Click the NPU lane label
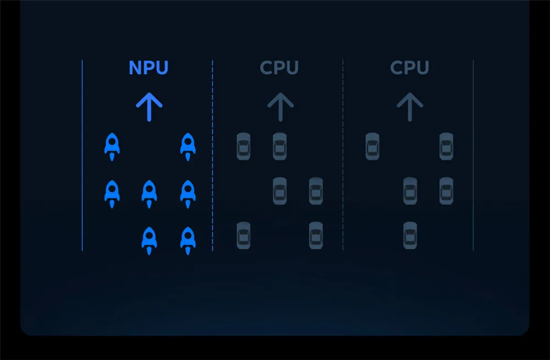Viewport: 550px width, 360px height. tap(148, 68)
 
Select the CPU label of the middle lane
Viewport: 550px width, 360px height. tap(279, 68)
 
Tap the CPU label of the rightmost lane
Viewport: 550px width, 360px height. tap(409, 68)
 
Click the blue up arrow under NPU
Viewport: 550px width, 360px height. tap(149, 107)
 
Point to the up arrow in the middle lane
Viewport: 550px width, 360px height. tap(280, 107)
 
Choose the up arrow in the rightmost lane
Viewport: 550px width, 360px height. tap(410, 107)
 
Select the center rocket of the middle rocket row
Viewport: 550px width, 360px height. tap(149, 193)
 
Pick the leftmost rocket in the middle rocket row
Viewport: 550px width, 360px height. tap(112, 193)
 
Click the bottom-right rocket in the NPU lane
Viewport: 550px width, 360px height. tap(188, 240)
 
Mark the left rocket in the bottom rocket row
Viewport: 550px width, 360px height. tap(149, 240)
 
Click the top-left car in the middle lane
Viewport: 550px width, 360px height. tap(243, 147)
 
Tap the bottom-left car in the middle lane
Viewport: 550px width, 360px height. tap(243, 235)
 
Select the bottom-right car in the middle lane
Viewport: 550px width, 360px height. tap(316, 235)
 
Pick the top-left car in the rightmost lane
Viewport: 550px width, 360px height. tap(372, 147)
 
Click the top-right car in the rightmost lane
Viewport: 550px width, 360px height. tap(446, 147)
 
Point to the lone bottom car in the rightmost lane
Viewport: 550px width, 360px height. tap(410, 235)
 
